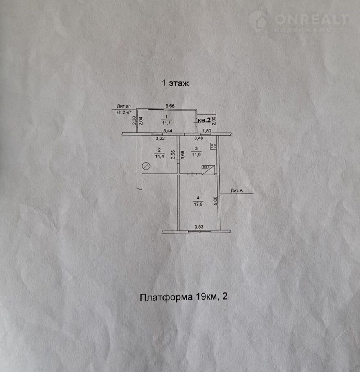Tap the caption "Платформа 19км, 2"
pos(183,297)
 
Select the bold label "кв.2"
pos(204,120)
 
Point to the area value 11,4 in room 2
pos(159,155)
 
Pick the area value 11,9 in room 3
pos(196,155)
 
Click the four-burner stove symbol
pos(214,146)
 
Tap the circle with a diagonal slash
pos(146,166)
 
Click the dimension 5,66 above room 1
pos(170,106)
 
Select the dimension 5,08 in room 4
pos(215,200)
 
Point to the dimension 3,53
pos(199,226)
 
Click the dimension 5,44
pos(168,131)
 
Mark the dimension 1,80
pos(207,131)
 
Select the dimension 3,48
pos(199,139)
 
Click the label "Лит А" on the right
pos(237,190)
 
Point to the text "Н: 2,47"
pos(125,112)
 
